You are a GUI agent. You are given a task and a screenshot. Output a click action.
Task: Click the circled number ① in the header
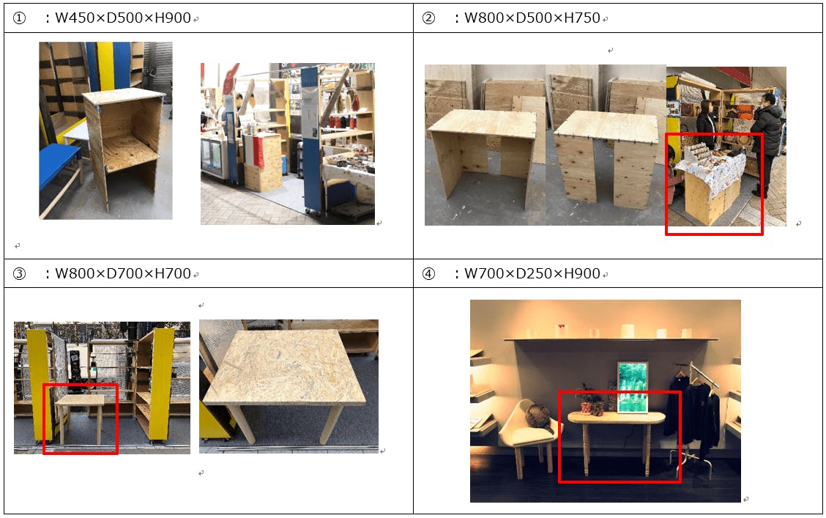click(19, 18)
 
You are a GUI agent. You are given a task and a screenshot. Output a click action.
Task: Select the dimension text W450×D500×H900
click(123, 18)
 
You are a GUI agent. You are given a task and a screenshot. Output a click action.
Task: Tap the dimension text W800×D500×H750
click(532, 18)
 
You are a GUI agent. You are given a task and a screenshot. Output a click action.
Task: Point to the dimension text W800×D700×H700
click(123, 273)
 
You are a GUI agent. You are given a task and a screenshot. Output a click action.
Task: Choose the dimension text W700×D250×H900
click(532, 273)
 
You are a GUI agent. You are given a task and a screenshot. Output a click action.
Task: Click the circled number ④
click(429, 274)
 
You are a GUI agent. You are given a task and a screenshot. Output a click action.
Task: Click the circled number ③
click(19, 274)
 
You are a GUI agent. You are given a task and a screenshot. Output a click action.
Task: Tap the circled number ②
click(429, 18)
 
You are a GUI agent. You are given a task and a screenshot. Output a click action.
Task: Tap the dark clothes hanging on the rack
click(693, 415)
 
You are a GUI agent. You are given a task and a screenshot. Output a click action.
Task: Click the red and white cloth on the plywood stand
click(257, 151)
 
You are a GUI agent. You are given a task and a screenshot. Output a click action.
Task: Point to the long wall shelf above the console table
click(611, 339)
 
